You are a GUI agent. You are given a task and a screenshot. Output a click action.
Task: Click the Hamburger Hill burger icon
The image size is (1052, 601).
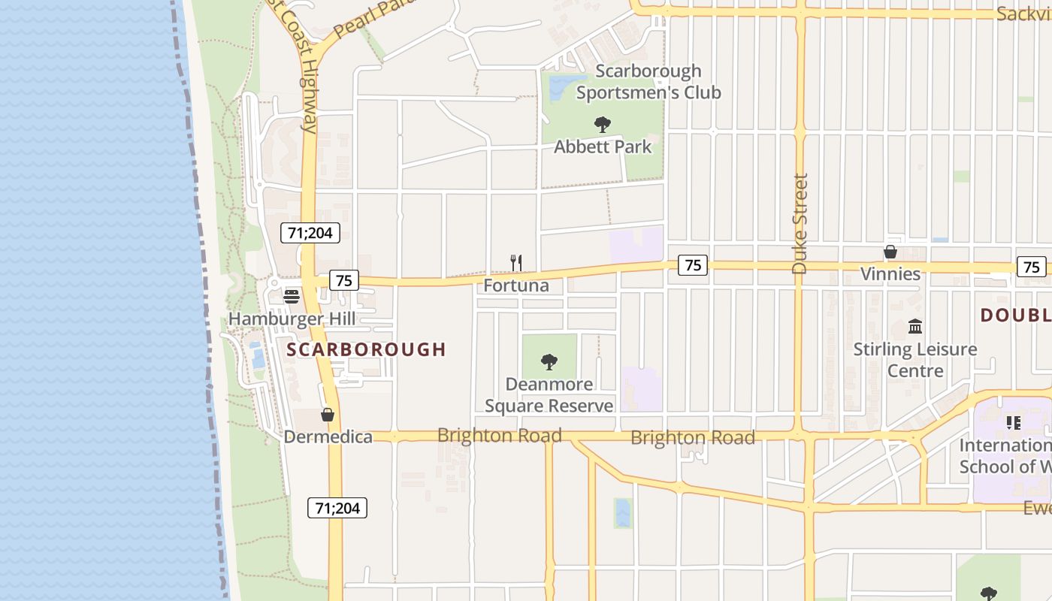click(292, 296)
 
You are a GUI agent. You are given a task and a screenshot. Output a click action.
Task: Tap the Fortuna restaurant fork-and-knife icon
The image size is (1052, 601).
click(516, 262)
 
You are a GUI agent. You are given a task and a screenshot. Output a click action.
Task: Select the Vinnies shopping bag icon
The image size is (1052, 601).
click(890, 252)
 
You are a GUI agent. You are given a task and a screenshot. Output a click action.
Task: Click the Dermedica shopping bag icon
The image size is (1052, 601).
click(328, 414)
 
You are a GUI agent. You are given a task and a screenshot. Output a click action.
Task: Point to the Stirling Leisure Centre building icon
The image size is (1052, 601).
click(915, 326)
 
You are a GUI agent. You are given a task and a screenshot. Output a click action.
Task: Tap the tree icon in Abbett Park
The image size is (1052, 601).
click(602, 125)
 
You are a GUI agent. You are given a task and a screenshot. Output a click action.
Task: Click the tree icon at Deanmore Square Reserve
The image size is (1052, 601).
click(549, 362)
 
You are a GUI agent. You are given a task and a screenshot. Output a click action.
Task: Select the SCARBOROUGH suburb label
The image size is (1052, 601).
click(367, 349)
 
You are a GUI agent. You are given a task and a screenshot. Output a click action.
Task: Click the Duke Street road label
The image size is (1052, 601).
click(800, 223)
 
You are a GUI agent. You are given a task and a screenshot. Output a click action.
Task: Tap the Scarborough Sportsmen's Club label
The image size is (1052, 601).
click(648, 82)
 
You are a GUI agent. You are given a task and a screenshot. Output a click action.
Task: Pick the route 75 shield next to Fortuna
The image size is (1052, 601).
click(344, 280)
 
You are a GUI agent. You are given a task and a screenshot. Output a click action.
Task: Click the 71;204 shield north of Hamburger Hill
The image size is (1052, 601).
click(310, 233)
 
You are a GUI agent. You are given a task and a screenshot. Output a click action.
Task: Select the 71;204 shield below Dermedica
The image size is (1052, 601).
click(337, 508)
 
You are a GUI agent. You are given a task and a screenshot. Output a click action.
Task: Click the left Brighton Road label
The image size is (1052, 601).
click(499, 436)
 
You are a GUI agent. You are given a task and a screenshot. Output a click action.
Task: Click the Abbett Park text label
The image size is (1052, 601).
click(603, 147)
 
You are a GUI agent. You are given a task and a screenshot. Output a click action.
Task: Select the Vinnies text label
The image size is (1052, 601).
click(890, 273)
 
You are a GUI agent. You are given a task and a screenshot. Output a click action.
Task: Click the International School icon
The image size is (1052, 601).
click(1014, 423)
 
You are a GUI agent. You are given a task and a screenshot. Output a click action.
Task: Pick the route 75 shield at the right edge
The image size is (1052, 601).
click(1032, 267)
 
